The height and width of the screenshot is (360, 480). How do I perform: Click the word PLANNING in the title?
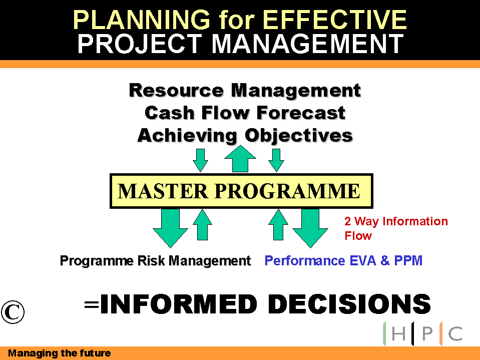[x=142, y=20]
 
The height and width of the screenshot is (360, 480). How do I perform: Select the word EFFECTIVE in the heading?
[x=334, y=20]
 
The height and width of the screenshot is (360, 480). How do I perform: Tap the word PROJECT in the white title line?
[x=140, y=44]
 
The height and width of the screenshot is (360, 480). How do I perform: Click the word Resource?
[x=176, y=91]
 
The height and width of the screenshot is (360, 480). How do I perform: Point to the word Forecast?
[x=301, y=113]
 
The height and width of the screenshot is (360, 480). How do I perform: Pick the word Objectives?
[x=299, y=136]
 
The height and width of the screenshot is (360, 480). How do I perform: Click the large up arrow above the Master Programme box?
[x=240, y=159]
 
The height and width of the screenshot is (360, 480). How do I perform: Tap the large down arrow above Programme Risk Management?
[x=170, y=228]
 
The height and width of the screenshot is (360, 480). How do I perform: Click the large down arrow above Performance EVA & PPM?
[x=310, y=228]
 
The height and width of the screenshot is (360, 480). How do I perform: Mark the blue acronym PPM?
[x=408, y=261]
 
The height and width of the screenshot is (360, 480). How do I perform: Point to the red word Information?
[x=415, y=221]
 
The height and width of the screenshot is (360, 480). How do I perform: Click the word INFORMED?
[x=179, y=304]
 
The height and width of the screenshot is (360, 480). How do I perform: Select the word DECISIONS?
[x=349, y=304]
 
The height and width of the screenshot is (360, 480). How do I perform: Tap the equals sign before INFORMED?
[x=92, y=304]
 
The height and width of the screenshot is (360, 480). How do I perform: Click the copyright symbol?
[x=13, y=312]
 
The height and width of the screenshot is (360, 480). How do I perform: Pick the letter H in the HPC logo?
[x=398, y=333]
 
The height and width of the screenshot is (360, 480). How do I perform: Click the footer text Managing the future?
[x=60, y=353]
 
